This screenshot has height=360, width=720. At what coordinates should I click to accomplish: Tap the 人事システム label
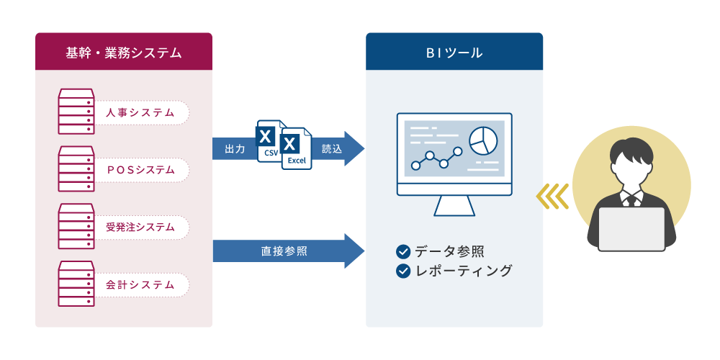click(140, 112)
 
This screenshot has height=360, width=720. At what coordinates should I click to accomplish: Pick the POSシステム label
click(140, 170)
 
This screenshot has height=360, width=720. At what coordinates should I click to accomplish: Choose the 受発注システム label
click(140, 228)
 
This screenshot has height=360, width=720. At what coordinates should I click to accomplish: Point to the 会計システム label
click(140, 284)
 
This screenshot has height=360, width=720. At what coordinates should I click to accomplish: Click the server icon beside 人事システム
click(76, 112)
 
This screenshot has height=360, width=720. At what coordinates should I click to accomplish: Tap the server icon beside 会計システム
click(76, 284)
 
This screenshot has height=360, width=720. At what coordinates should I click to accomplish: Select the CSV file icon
click(269, 141)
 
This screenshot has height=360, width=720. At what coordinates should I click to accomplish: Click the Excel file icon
click(297, 148)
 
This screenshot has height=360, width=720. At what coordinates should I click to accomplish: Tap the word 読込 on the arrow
click(332, 149)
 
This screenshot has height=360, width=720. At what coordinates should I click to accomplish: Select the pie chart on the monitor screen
click(483, 141)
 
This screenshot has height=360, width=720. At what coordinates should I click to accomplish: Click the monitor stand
click(454, 206)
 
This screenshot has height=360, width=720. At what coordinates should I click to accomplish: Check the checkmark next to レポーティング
click(402, 271)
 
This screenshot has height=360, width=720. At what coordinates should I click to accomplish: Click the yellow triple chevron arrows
click(552, 197)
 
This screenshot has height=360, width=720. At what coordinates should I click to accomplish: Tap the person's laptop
click(632, 229)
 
